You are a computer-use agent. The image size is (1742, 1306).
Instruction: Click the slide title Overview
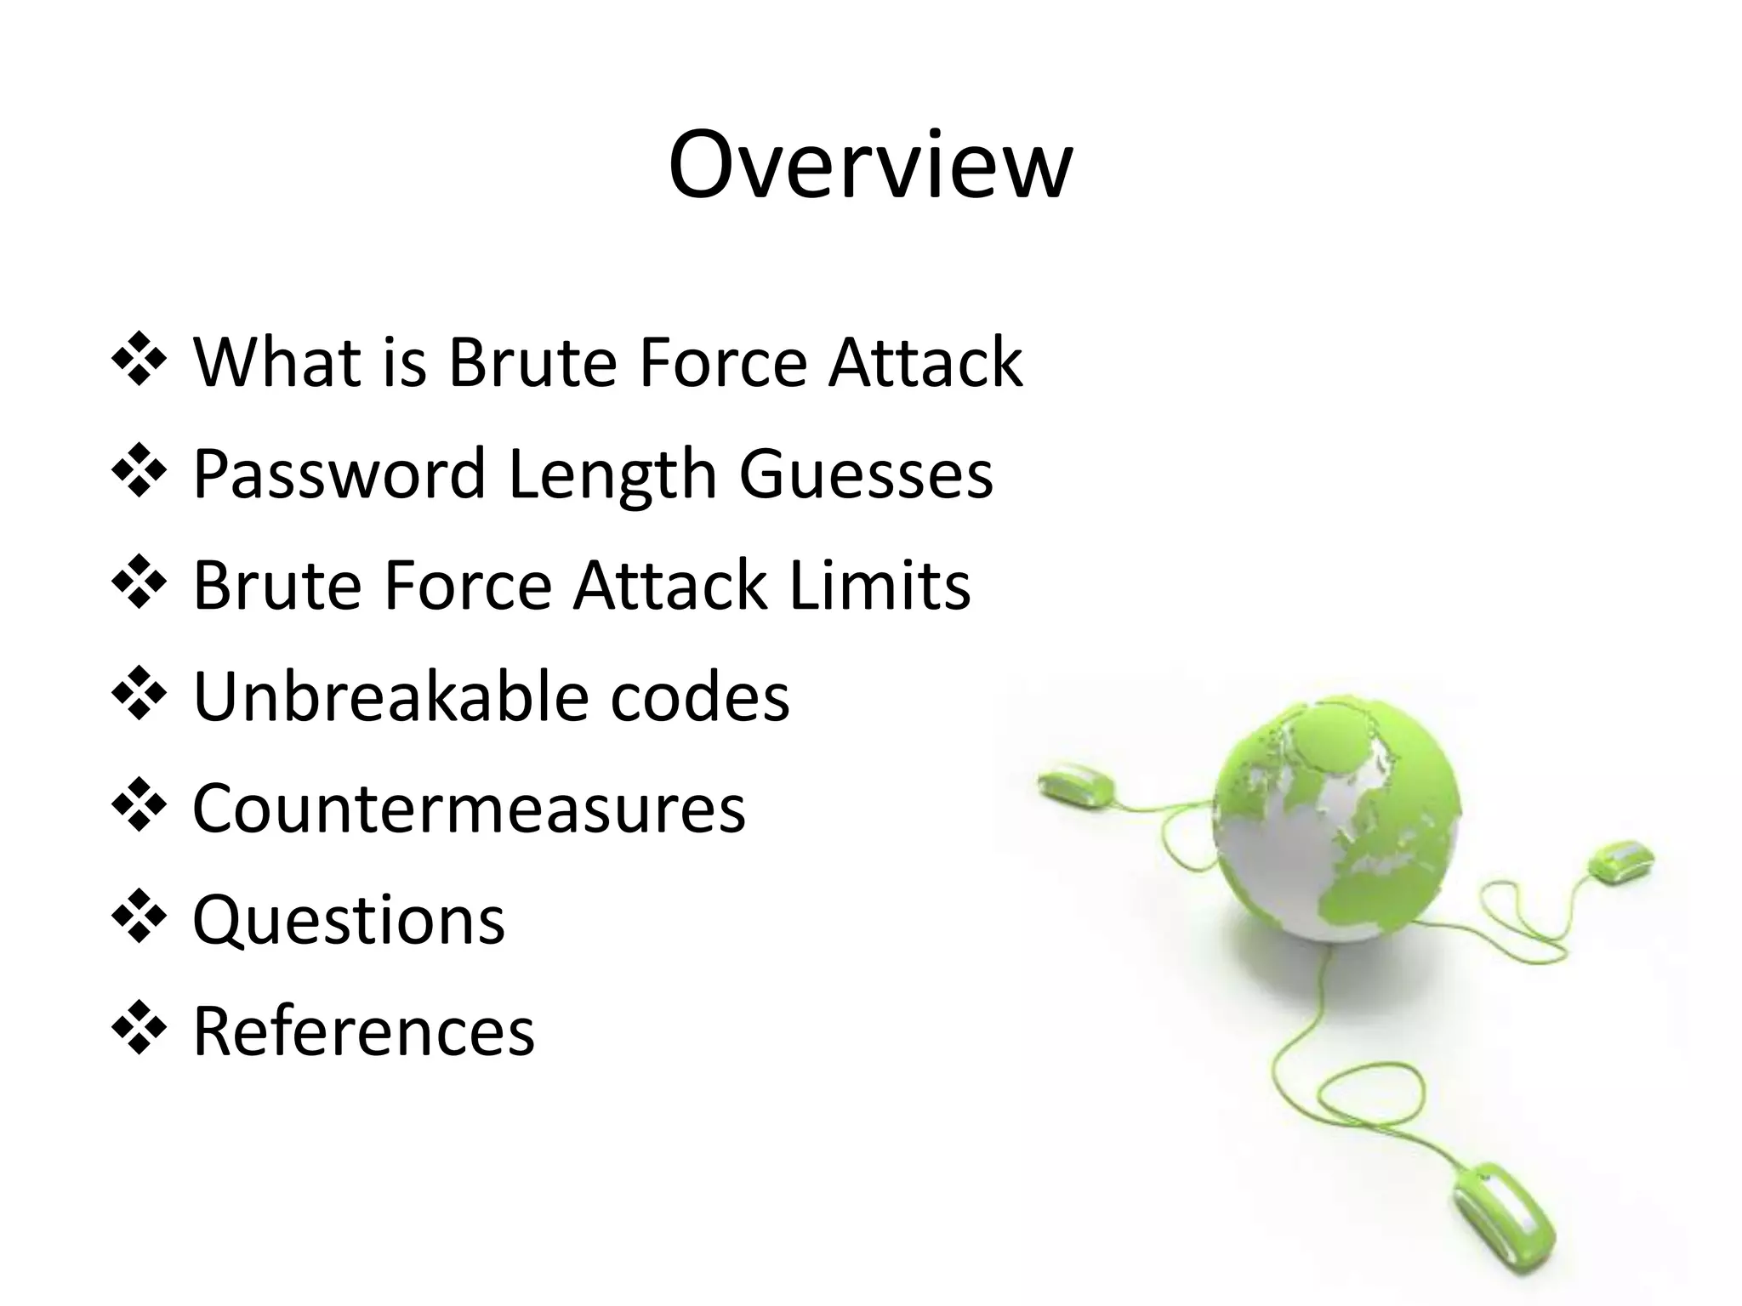[x=870, y=165]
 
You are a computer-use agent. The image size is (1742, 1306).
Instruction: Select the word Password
[x=339, y=474]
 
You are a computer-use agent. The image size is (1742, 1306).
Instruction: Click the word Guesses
[x=865, y=474]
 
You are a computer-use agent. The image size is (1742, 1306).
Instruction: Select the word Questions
[x=349, y=920]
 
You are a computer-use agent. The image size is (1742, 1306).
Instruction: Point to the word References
[x=364, y=1031]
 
